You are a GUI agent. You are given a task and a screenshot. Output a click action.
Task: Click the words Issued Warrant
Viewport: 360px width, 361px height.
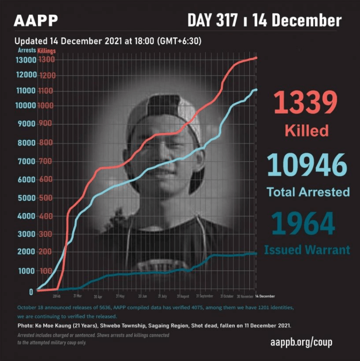pos(307,250)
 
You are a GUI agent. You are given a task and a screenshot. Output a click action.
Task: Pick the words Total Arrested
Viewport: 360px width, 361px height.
pos(308,192)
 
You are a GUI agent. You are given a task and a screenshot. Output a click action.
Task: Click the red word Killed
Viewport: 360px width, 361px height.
pos(307,130)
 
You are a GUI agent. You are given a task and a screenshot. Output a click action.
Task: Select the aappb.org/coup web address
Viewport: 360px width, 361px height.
pos(301,342)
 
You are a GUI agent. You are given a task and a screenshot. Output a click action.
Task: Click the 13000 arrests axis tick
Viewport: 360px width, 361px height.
pos(26,60)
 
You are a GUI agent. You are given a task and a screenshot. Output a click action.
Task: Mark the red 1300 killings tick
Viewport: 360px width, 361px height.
pos(47,60)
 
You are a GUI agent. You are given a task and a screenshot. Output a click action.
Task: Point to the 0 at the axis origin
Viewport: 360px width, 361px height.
pos(31,292)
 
